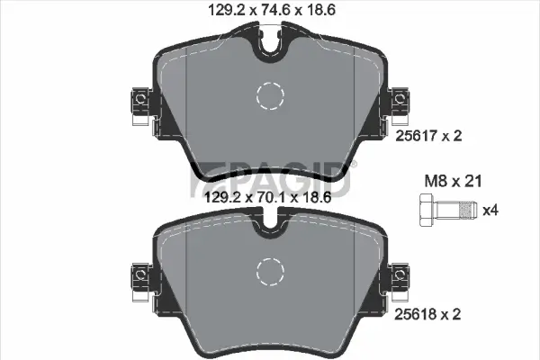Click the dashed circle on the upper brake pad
[x=269, y=94]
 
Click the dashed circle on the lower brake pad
[x=269, y=269]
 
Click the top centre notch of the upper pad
[x=269, y=45]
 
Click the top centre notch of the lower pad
[x=269, y=225]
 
